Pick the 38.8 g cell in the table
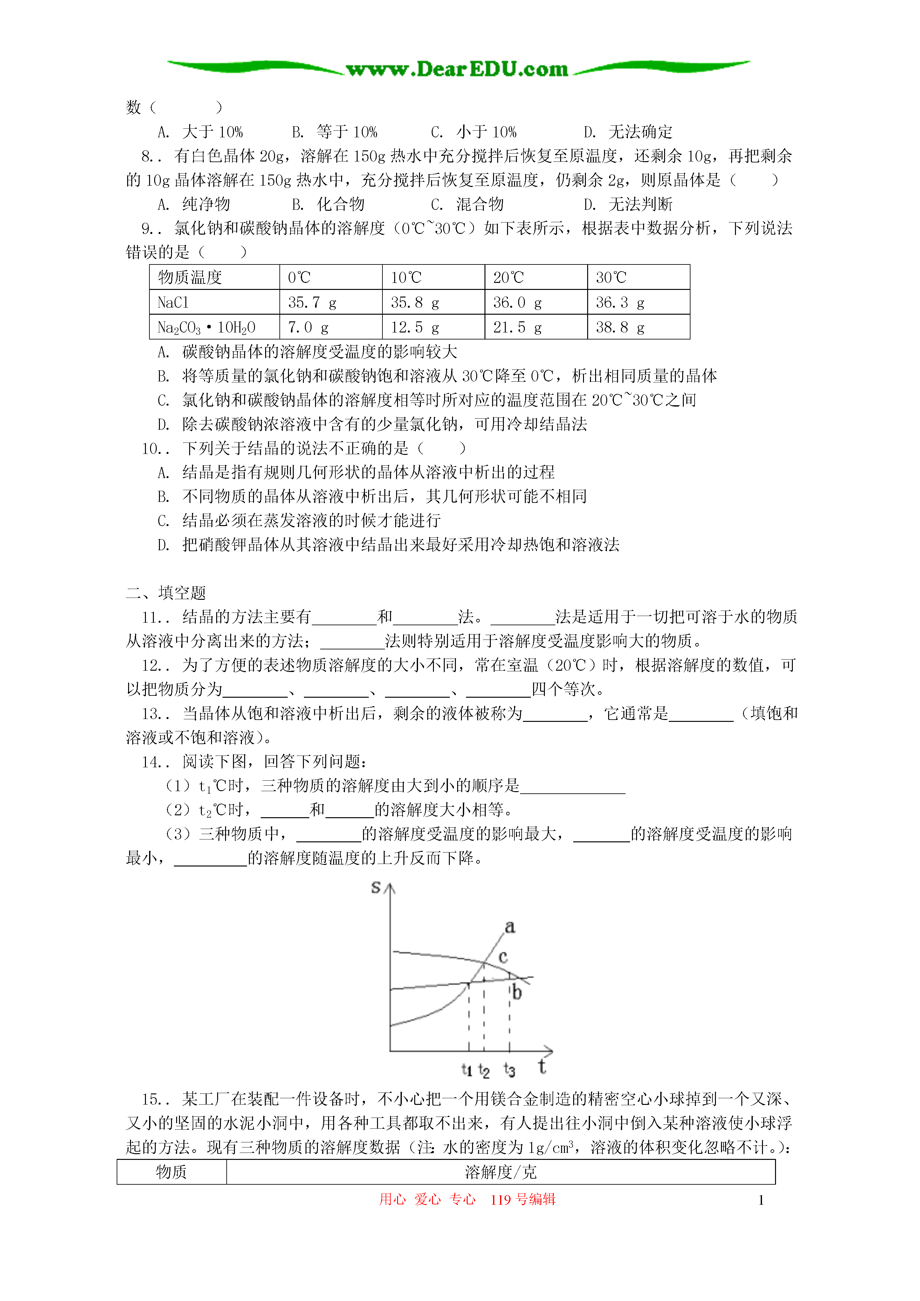click(638, 327)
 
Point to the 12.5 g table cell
click(433, 327)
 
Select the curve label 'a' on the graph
click(510, 927)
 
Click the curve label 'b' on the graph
click(516, 992)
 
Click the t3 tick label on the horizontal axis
click(509, 1069)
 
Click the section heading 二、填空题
click(166, 593)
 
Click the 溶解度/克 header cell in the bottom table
click(500, 1172)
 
